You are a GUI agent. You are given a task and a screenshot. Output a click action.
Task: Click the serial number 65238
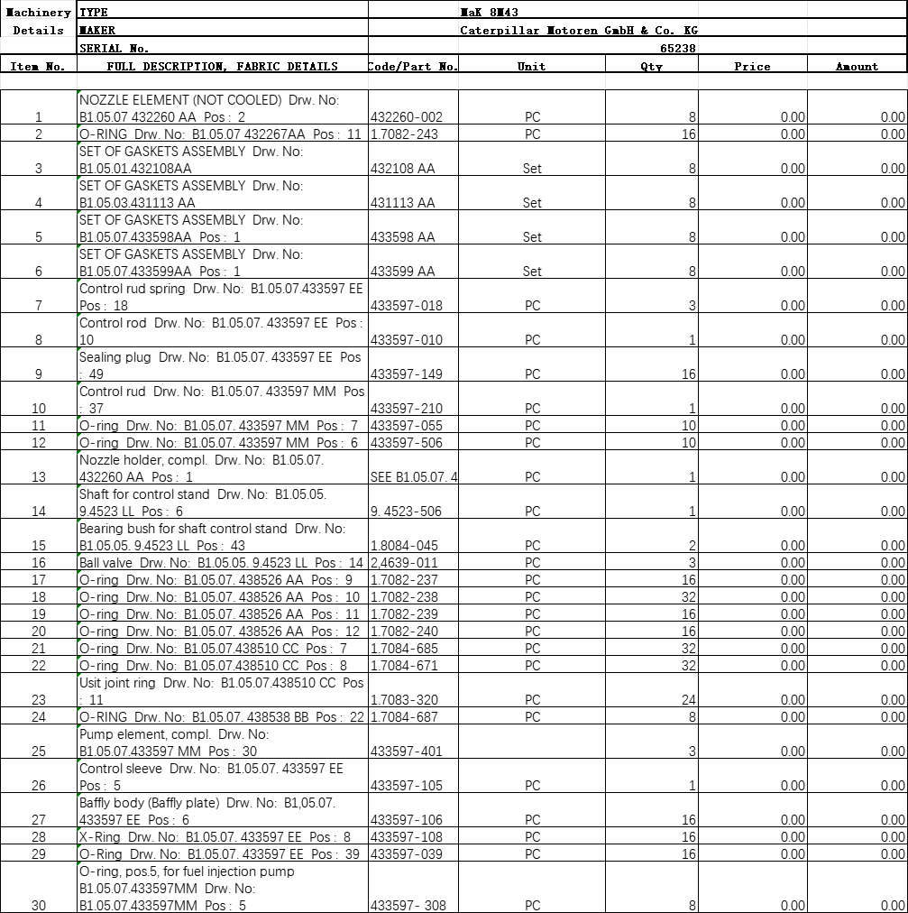[x=677, y=49]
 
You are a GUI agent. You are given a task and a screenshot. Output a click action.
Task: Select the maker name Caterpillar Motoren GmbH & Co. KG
[x=578, y=31]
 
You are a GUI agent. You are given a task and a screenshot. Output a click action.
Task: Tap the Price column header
[x=752, y=67]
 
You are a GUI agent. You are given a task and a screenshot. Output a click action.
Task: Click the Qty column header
[x=651, y=67]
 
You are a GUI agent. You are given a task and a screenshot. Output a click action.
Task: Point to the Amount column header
[x=856, y=67]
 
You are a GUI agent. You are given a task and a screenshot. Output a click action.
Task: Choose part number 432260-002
[x=407, y=117]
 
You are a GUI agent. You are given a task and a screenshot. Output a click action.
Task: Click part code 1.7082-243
[x=404, y=134]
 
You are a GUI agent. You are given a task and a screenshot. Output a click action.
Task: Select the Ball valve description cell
[x=221, y=563]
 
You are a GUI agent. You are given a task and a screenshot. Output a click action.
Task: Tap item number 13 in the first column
[x=38, y=477]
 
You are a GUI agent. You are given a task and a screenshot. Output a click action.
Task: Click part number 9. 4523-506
[x=407, y=512]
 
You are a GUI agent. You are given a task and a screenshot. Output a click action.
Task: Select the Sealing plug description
[x=220, y=365]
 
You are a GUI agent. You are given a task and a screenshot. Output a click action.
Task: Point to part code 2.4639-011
[x=404, y=563]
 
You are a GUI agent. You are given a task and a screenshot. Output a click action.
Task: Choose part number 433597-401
[x=407, y=752]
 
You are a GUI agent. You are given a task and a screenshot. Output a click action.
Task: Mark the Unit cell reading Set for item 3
[x=532, y=169]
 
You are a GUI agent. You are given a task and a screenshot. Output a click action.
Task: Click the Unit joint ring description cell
[x=221, y=691]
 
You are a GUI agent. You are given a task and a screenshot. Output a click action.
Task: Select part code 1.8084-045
[x=404, y=546]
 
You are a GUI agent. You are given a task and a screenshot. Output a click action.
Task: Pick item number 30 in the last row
[x=38, y=906]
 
